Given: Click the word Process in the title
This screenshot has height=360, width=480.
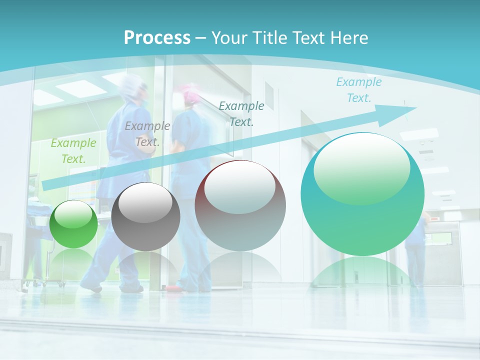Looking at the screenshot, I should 157,38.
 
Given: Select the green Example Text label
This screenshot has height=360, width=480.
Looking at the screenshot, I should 73,151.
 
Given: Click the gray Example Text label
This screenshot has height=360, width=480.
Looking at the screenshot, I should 147,134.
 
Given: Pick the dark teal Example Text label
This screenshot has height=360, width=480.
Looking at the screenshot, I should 241,113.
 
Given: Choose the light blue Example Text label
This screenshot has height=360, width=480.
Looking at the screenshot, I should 359,90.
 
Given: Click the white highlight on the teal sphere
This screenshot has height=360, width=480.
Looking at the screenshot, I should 361,167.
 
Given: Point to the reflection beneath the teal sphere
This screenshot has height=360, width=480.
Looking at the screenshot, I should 362,272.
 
